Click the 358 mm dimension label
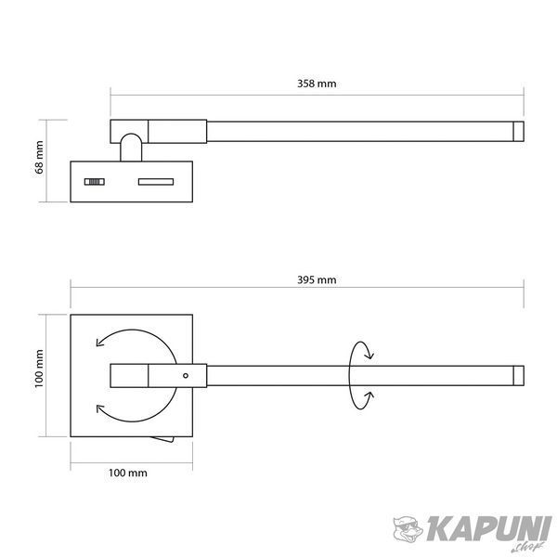317,84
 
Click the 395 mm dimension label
317,280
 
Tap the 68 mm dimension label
39,158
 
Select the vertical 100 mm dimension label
39,369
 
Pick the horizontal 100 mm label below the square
127,473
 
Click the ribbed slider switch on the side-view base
95,182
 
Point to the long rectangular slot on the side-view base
156,182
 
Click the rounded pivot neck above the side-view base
131,147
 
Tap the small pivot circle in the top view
186,375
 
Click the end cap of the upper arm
518,132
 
